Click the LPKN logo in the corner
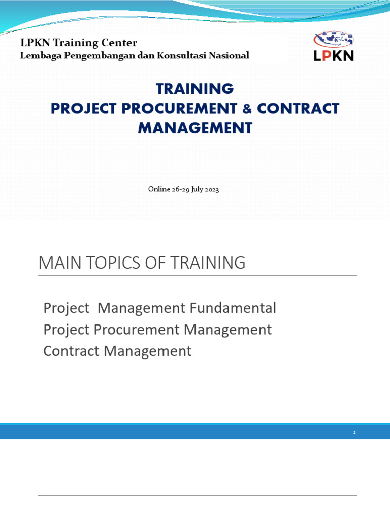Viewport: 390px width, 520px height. [334, 46]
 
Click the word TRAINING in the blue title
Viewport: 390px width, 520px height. [194, 89]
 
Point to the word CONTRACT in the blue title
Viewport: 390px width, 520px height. [298, 108]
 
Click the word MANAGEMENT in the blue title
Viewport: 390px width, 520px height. [194, 128]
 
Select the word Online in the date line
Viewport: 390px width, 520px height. [159, 189]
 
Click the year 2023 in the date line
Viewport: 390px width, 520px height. [210, 189]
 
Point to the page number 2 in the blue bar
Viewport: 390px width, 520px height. [354, 433]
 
